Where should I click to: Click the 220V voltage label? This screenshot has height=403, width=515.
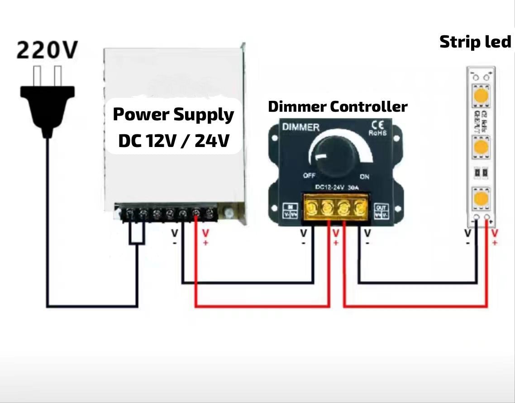click(47, 50)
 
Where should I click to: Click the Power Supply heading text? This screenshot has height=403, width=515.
click(173, 114)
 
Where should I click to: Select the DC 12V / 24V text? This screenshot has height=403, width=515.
click(173, 141)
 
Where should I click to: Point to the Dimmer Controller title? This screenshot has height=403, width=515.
click(338, 107)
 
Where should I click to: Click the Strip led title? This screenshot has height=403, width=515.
click(475, 42)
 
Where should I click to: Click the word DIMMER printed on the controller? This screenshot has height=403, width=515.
click(300, 127)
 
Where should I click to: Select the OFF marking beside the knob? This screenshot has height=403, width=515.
click(310, 176)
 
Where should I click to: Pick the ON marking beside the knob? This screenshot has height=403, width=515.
click(364, 176)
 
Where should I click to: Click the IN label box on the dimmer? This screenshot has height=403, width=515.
click(290, 210)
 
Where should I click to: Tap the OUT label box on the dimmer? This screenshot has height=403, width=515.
click(381, 210)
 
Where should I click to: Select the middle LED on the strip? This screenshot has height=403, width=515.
click(481, 147)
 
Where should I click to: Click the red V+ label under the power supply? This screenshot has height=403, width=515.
click(205, 236)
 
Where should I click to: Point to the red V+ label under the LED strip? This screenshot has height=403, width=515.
click(495, 236)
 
